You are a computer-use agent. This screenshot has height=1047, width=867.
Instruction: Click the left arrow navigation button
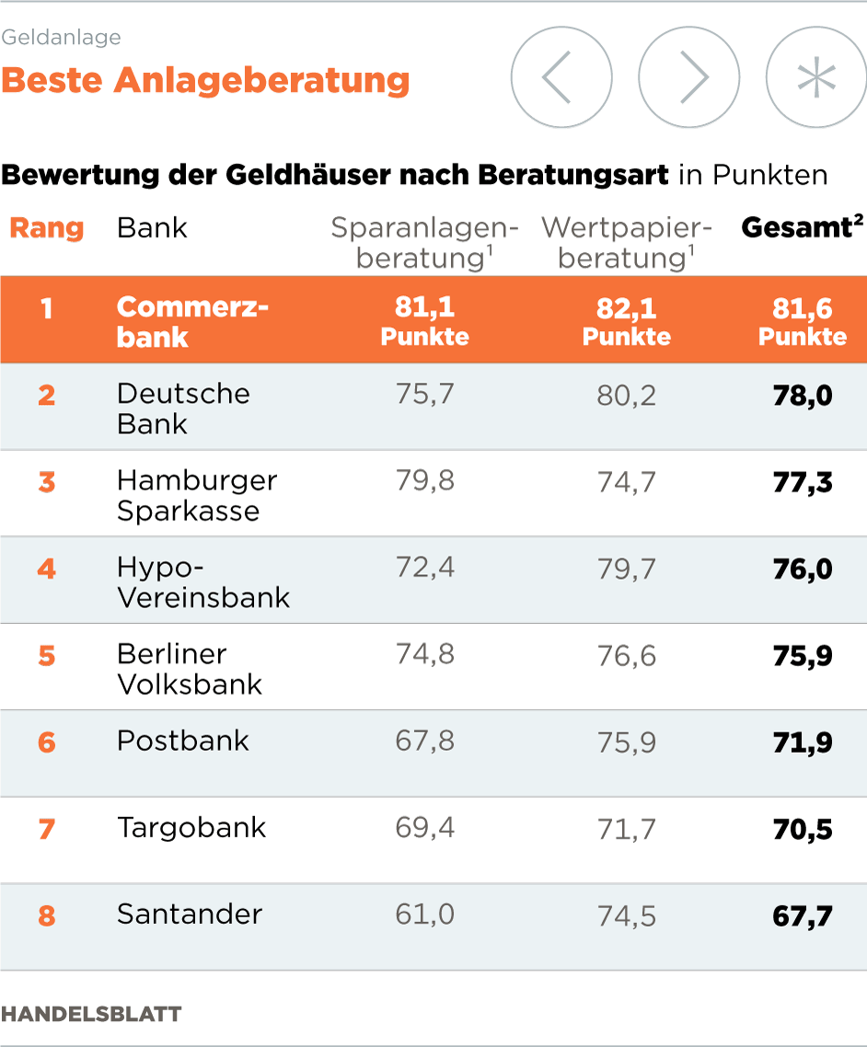561,77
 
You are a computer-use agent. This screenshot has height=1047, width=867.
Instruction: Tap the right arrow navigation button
688,77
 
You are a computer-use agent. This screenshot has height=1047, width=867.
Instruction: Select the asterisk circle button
815,77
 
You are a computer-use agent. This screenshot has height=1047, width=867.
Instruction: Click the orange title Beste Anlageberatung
205,81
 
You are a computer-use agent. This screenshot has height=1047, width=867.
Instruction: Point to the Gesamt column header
802,228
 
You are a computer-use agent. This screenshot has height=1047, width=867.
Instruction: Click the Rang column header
46,228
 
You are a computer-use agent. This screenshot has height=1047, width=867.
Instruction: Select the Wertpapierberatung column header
627,243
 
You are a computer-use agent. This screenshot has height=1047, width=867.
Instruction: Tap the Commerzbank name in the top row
192,321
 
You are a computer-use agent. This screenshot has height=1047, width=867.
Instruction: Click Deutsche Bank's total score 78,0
803,396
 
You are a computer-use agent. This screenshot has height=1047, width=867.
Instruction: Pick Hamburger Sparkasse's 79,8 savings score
424,481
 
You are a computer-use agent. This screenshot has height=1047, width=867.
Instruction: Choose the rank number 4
46,569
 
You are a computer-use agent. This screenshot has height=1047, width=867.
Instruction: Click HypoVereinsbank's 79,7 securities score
627,569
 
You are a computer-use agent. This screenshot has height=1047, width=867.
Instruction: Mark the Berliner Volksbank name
190,669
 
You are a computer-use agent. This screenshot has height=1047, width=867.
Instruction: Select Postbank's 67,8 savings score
424,742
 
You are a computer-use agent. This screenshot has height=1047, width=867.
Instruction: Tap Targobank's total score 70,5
803,829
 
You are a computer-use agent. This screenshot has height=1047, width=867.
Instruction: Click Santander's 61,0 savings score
424,915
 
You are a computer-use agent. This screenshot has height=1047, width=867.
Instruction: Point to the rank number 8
46,916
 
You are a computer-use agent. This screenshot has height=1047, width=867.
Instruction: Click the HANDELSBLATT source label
91,1014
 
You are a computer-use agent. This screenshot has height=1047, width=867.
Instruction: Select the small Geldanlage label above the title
61,38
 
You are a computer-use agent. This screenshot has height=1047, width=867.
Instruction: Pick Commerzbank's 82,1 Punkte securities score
627,321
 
